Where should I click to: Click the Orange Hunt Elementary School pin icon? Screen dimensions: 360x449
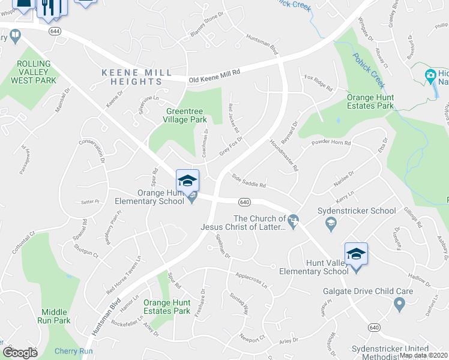click(x=187, y=181)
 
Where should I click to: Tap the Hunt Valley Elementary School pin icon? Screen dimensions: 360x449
click(x=356, y=254)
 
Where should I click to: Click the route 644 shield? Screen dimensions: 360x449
click(x=55, y=31)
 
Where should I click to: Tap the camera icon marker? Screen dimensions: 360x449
click(x=430, y=76)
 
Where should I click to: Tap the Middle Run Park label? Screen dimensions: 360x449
click(x=56, y=316)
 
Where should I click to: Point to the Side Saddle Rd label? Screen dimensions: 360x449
click(x=249, y=181)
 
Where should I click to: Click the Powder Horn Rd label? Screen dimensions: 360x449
click(x=331, y=144)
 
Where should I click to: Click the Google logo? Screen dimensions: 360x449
click(x=20, y=353)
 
